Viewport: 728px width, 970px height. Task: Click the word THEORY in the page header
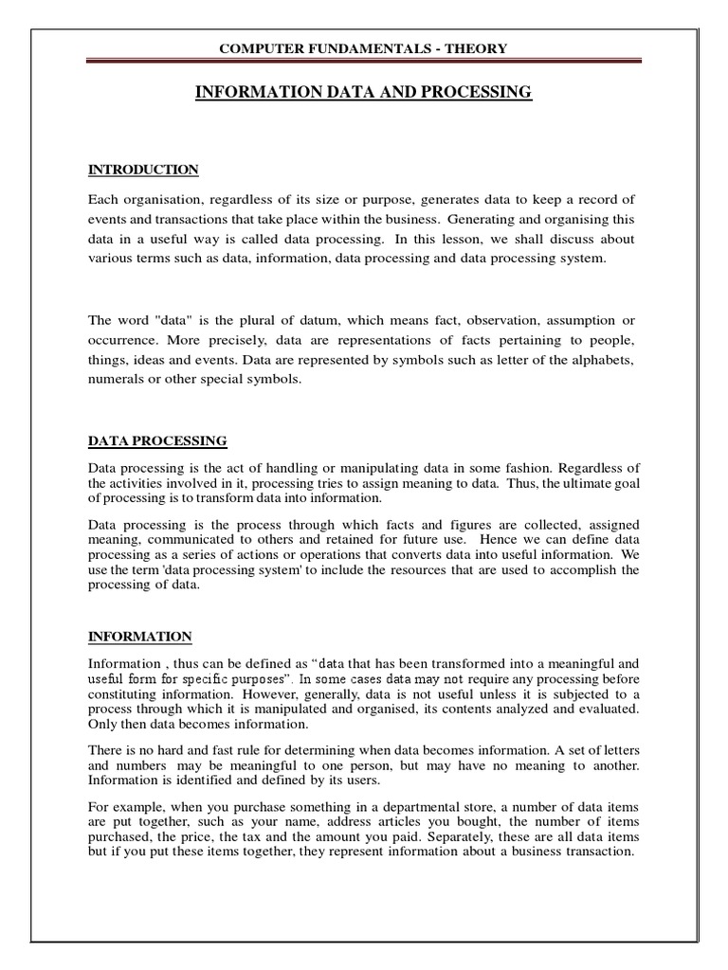474,48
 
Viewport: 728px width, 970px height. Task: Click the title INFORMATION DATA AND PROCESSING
364,92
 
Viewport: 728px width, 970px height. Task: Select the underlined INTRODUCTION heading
143,170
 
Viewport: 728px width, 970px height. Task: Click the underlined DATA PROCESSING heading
157,440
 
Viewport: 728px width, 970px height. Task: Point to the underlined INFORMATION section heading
140,636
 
